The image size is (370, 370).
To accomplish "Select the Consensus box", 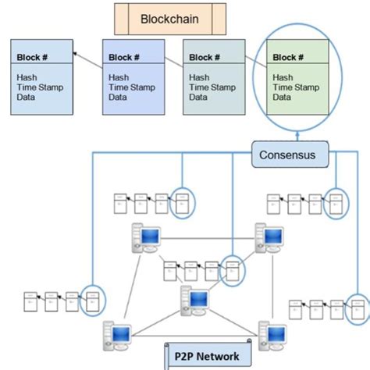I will coord(288,155).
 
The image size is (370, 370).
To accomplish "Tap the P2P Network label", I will coord(207,356).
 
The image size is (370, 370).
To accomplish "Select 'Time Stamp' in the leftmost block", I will coord(40,87).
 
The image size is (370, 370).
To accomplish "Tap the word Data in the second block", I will coord(118,98).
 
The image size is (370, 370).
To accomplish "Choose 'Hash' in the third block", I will coord(199,77).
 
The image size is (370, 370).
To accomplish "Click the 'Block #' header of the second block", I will coord(125,57).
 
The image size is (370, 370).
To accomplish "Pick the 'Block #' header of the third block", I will coord(205,57).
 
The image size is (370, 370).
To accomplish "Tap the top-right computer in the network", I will coord(269,237).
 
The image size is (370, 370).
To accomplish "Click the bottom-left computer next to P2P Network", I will coord(117,335).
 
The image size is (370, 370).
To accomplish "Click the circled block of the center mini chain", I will coord(232,269).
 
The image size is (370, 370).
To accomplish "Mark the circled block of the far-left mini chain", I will coord(93,301).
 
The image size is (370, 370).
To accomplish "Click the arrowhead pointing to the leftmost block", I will coord(76,53).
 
